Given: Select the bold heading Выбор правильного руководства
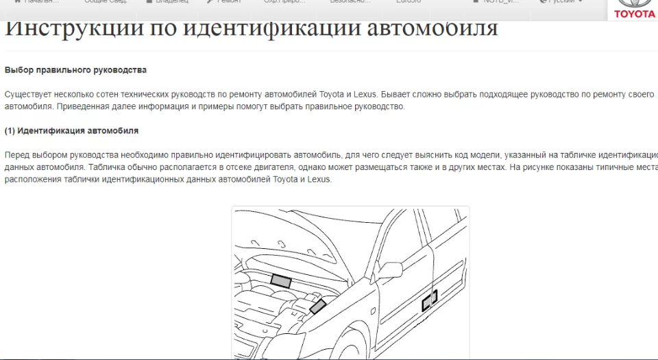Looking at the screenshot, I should pyautogui.click(x=75, y=70).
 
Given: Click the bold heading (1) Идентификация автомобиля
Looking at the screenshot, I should pyautogui.click(x=71, y=130).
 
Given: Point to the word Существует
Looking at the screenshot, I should pyautogui.click(x=29, y=94).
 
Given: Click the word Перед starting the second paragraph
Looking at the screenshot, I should pyautogui.click(x=17, y=155).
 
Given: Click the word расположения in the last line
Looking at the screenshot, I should pyautogui.click(x=32, y=180).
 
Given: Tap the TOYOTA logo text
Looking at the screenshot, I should pyautogui.click(x=634, y=14).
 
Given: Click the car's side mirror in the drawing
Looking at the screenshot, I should pyautogui.click(x=391, y=269).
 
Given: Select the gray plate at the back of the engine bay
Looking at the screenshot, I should pyautogui.click(x=280, y=280).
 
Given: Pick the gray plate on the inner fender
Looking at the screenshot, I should pyautogui.click(x=317, y=307).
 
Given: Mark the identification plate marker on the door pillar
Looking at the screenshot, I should pyautogui.click(x=430, y=300).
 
